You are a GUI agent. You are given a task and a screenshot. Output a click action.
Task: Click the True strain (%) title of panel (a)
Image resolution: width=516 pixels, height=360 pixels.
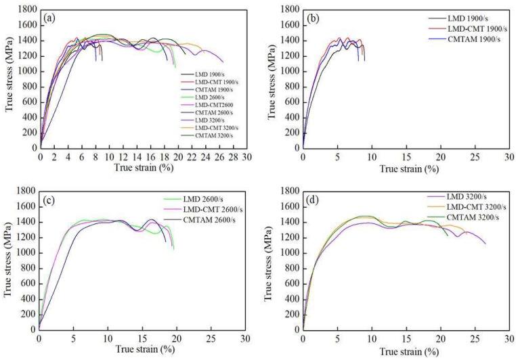coord(141,166)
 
